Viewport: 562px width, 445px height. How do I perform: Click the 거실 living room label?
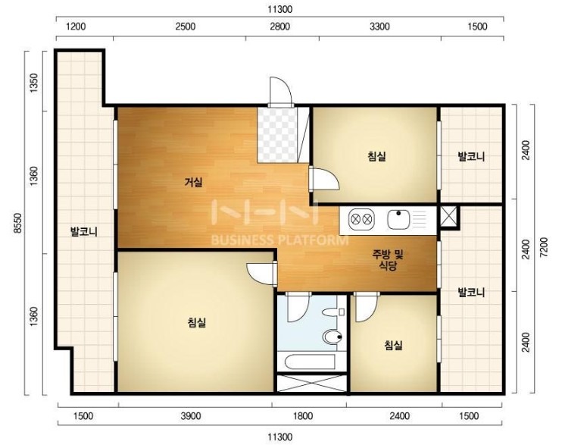pos(194,182)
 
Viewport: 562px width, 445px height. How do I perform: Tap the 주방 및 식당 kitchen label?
pos(388,260)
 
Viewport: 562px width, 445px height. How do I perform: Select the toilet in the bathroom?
pos(333,337)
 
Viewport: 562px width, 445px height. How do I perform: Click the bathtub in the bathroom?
pos(311,362)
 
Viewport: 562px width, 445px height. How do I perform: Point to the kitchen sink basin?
pos(398,219)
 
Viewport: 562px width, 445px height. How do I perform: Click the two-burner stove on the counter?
pos(361,219)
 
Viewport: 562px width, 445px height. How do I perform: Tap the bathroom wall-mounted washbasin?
pos(333,312)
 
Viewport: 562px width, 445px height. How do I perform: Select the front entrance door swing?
pos(280,92)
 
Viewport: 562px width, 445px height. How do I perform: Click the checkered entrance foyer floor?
pos(277,135)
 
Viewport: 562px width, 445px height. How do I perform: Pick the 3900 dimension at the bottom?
pos(190,416)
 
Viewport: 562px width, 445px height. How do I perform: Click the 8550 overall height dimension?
pos(18,223)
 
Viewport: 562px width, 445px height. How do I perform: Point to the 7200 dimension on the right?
pos(543,247)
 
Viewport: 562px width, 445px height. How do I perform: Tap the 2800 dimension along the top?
pos(280,27)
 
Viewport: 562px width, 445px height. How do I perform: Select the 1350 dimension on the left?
pos(33,83)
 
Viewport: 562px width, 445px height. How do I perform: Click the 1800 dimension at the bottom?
pos(303,416)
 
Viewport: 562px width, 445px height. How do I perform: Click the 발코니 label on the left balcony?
pos(83,231)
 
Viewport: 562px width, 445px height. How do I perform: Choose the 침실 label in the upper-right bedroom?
pos(376,156)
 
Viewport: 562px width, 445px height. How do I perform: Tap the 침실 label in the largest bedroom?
pos(197,322)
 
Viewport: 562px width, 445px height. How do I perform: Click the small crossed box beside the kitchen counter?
pos(448,216)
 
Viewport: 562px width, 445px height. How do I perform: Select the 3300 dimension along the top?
pos(379,27)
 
